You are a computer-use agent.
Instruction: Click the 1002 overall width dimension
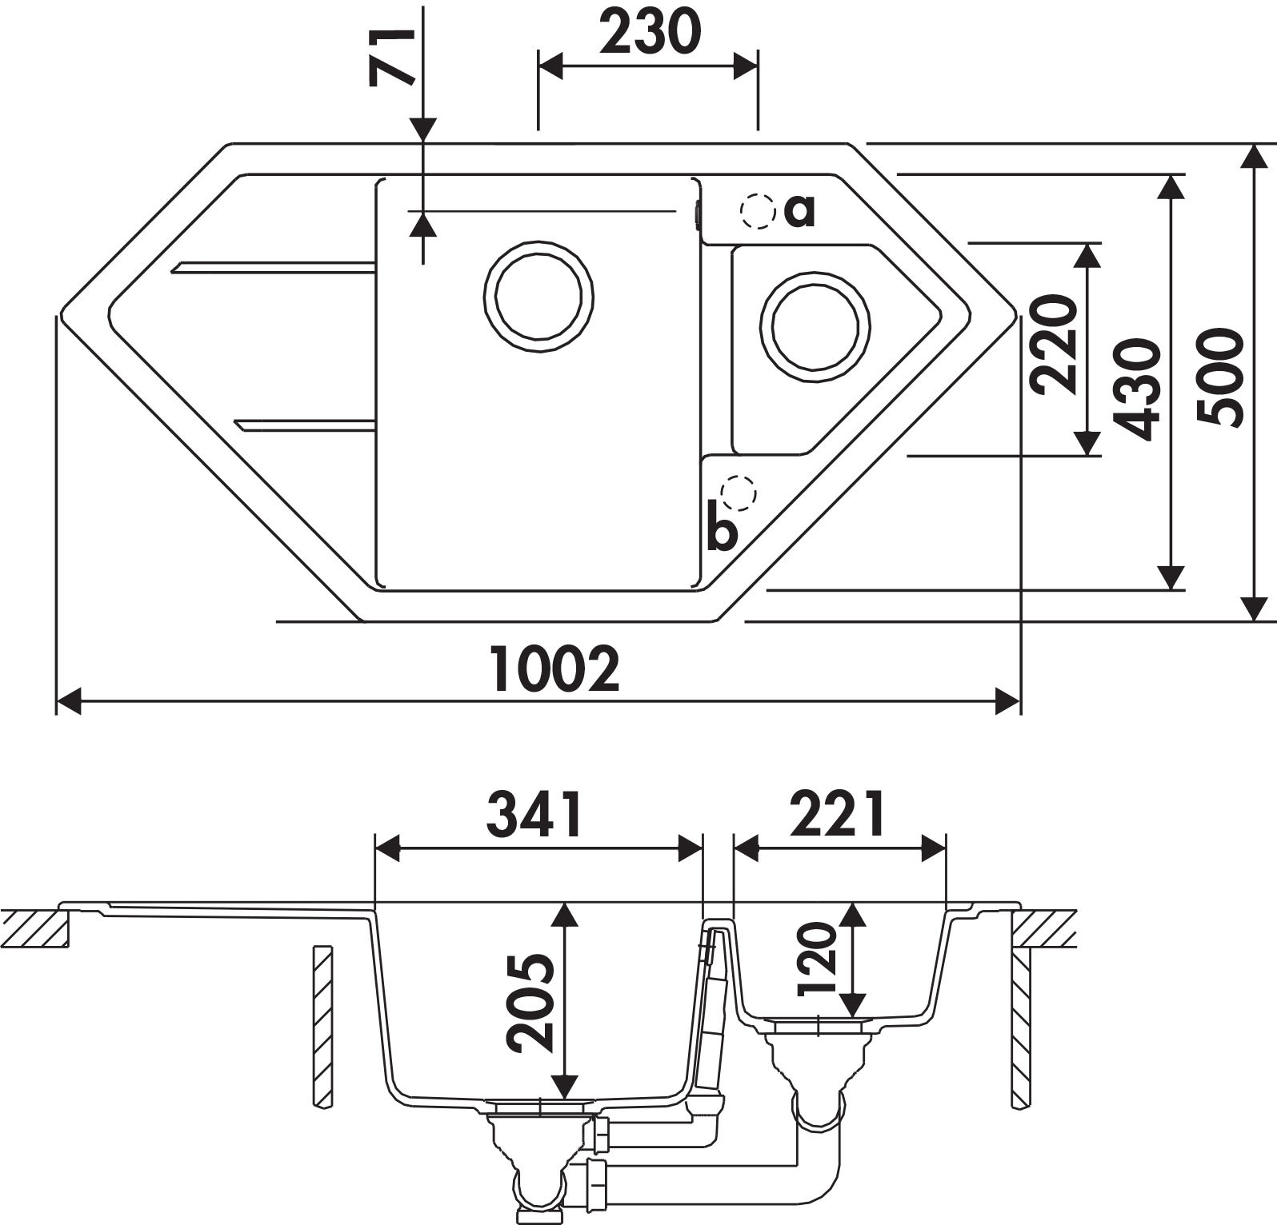pyautogui.click(x=555, y=669)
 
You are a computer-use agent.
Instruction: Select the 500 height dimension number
pyautogui.click(x=1221, y=376)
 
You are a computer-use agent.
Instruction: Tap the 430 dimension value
pyautogui.click(x=1137, y=389)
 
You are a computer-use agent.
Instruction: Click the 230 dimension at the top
pyautogui.click(x=650, y=34)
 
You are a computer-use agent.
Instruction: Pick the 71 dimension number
pyautogui.click(x=391, y=56)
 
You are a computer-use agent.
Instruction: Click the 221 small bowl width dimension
pyautogui.click(x=838, y=813)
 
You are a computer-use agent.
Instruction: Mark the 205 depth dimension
pyautogui.click(x=530, y=1002)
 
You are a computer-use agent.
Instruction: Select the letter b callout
pyautogui.click(x=722, y=529)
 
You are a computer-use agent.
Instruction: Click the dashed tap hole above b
pyautogui.click(x=738, y=493)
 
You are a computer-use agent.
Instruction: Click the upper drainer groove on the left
pyautogui.click(x=273, y=267)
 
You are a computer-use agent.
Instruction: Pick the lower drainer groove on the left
pyautogui.click(x=305, y=425)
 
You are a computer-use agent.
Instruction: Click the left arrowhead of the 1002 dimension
pyautogui.click(x=70, y=702)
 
